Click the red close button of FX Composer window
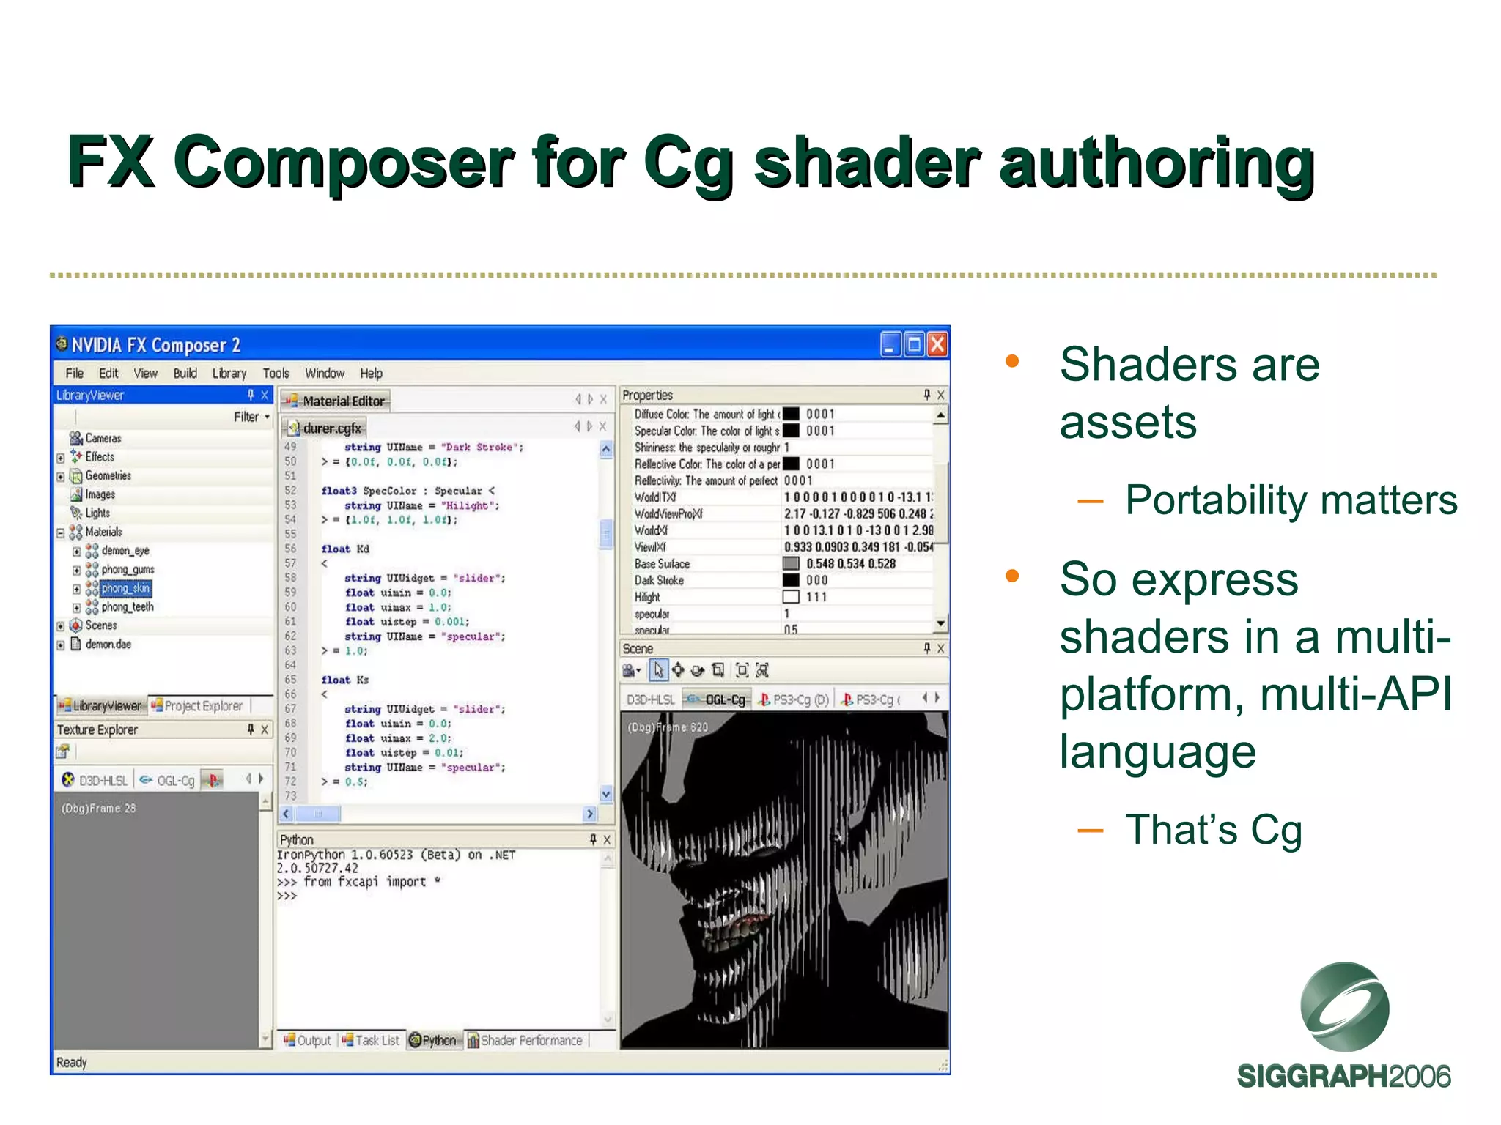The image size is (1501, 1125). pos(937,344)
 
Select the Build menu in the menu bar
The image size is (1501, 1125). pos(185,374)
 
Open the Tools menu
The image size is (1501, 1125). pos(276,374)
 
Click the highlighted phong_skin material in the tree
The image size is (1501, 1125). pos(125,588)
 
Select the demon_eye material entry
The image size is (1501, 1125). pos(125,551)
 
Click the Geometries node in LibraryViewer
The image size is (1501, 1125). pos(108,476)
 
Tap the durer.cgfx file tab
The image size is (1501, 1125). pos(331,428)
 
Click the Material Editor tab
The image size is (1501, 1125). pos(342,401)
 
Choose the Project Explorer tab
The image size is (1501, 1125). pos(202,706)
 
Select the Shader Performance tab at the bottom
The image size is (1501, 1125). pos(531,1041)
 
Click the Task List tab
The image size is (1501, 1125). pos(377,1041)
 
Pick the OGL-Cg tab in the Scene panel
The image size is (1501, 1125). pos(724,700)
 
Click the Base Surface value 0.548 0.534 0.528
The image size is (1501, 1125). pos(850,564)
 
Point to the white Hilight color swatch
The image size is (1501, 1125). pos(790,597)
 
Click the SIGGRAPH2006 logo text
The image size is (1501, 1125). pos(1343,1077)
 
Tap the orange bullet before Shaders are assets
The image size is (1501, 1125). pos(1012,361)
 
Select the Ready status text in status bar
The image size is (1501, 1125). pos(72,1063)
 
